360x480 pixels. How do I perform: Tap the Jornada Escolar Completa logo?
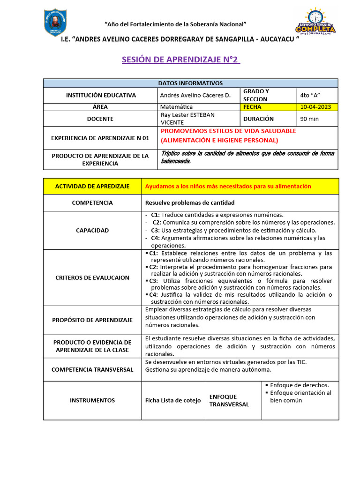[x=315, y=22]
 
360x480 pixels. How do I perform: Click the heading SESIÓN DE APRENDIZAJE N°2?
[x=180, y=60]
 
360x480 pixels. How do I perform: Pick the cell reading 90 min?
[x=309, y=119]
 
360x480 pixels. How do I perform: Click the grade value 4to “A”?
[x=310, y=95]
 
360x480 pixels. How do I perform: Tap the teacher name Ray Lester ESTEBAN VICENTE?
[x=187, y=119]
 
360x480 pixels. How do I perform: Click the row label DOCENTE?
[x=100, y=119]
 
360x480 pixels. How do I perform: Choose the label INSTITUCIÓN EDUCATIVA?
[x=101, y=95]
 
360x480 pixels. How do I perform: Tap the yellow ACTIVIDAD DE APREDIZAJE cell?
[x=92, y=186]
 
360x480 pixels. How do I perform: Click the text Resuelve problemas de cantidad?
[x=189, y=202]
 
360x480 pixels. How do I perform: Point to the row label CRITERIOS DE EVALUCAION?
[x=92, y=277]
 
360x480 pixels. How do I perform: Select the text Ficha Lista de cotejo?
[x=173, y=400]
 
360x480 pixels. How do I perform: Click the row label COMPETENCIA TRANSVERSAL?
[x=92, y=369]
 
